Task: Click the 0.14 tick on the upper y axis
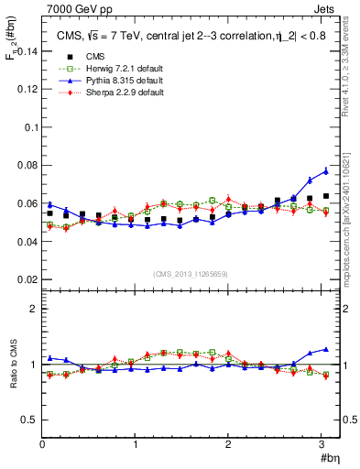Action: coord(27,52)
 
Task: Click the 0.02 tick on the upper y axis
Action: coord(27,278)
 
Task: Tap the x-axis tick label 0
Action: coord(42,445)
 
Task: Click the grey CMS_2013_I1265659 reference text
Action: coord(191,274)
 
